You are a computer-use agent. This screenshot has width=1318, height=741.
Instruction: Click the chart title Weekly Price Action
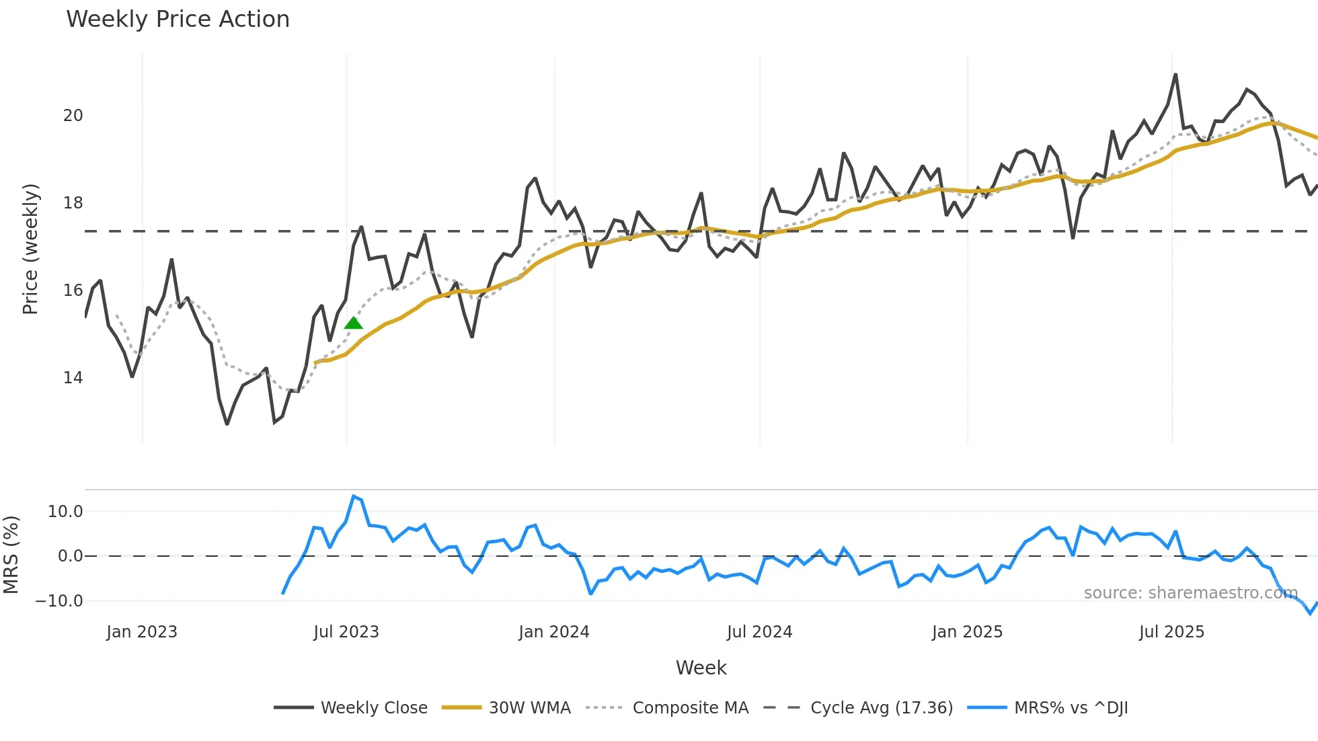tap(178, 19)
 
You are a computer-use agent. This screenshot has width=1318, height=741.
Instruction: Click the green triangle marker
tap(354, 323)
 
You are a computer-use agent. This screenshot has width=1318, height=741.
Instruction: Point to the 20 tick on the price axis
tap(73, 116)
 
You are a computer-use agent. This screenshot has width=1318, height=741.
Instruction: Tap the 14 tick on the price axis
tap(73, 378)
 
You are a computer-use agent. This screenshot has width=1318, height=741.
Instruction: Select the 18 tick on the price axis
tap(73, 203)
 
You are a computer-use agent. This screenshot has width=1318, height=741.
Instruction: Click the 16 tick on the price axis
tap(73, 290)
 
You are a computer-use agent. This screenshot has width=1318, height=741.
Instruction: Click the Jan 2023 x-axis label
tap(142, 632)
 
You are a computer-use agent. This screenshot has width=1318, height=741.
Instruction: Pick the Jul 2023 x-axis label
tap(346, 632)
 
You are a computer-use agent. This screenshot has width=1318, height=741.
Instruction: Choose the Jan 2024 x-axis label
tap(554, 632)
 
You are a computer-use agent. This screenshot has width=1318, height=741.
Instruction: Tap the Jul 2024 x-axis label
tap(760, 632)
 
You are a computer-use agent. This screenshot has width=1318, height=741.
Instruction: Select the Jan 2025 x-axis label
tap(967, 632)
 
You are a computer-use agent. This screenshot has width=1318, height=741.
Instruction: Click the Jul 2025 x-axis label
tap(1171, 632)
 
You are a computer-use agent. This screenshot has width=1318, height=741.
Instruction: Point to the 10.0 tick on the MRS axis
tap(65, 512)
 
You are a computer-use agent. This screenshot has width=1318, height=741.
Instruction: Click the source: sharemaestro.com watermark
tap(1190, 593)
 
